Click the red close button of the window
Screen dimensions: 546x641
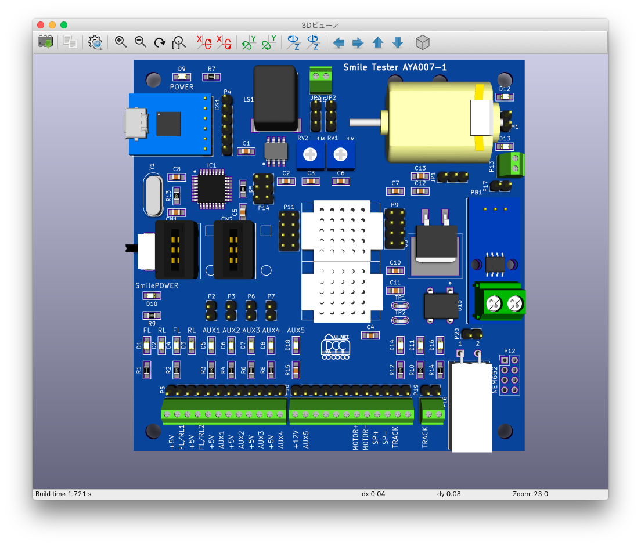click(x=40, y=25)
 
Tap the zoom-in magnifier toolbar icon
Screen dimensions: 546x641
click(x=121, y=42)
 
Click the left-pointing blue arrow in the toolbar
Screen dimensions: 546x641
click(x=338, y=42)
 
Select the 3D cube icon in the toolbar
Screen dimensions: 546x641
click(x=423, y=42)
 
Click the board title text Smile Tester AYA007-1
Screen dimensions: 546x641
click(x=395, y=67)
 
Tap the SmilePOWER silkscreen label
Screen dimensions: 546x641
click(x=157, y=285)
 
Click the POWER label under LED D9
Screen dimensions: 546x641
click(x=182, y=87)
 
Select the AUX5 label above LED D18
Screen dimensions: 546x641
click(x=296, y=330)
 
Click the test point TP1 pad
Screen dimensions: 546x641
click(x=400, y=305)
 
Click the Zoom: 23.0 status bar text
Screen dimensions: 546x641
click(x=530, y=494)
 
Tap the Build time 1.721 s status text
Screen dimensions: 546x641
click(x=63, y=494)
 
